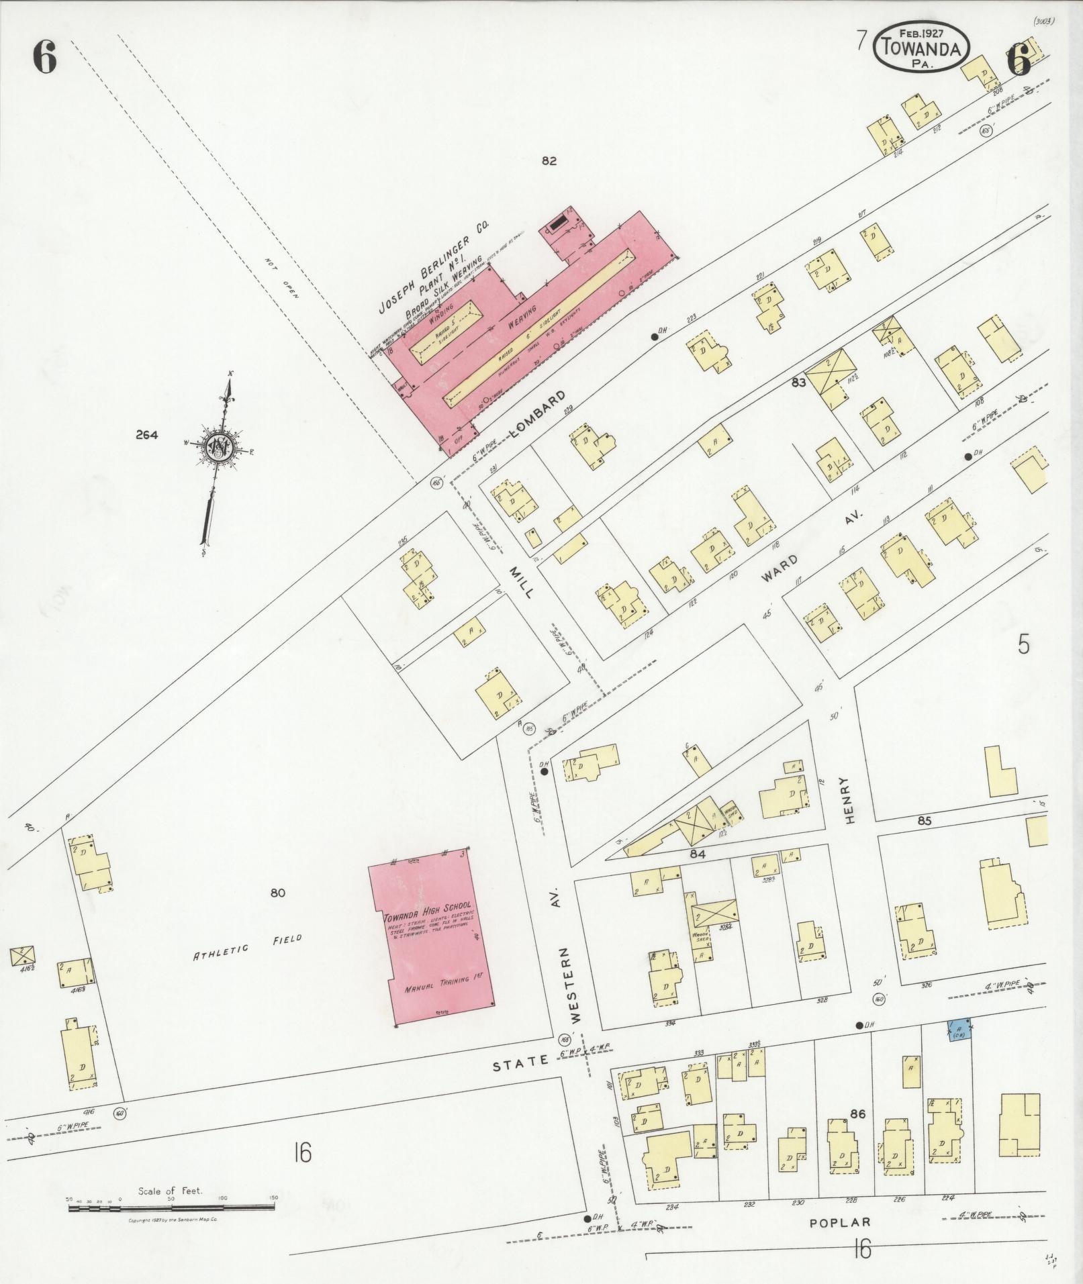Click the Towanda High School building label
tap(428, 907)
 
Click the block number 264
tap(146, 435)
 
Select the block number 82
tap(549, 161)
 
